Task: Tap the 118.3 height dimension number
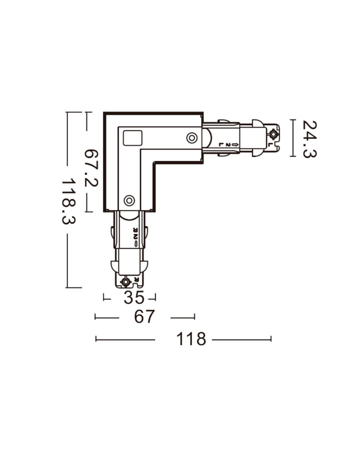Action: (x=70, y=201)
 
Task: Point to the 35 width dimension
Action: (x=134, y=297)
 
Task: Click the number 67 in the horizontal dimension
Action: (x=144, y=318)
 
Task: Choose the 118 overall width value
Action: (x=191, y=340)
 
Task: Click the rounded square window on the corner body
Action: (x=132, y=139)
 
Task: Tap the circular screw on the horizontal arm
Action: (x=191, y=137)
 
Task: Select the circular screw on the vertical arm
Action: (x=129, y=200)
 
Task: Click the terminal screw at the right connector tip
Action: (x=273, y=135)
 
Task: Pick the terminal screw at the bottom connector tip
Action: (x=126, y=282)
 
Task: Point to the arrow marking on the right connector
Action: (x=235, y=145)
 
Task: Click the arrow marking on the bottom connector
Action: (x=134, y=243)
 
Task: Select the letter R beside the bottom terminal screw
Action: (x=136, y=279)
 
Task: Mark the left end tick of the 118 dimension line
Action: (x=96, y=339)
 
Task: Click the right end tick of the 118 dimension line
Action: (x=271, y=339)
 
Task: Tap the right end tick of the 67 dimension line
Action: (x=194, y=318)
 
